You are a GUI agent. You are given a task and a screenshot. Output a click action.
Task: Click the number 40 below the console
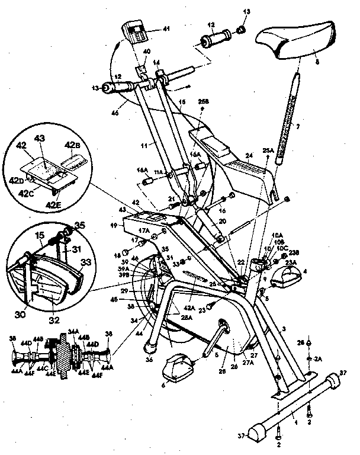[146, 52]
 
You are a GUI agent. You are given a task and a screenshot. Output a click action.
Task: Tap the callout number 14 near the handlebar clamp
[156, 62]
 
